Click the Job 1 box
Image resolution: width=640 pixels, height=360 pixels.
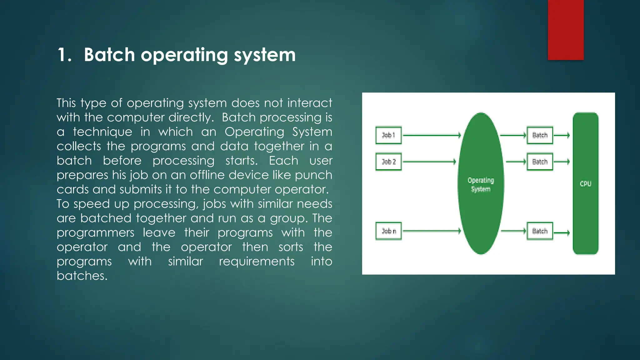388,135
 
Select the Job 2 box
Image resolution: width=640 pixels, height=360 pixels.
388,162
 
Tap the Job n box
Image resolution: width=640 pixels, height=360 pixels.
388,231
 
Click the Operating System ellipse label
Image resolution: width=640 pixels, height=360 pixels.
481,185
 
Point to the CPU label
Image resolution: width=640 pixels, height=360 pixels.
585,184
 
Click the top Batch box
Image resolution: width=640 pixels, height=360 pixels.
540,135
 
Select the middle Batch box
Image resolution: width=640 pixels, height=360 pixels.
540,162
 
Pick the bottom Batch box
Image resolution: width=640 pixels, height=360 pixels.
540,231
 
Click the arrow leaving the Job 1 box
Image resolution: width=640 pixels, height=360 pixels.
432,135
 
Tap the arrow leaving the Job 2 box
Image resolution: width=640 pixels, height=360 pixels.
429,162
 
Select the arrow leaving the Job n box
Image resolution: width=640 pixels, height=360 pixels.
432,231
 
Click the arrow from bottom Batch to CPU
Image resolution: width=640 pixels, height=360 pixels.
562,233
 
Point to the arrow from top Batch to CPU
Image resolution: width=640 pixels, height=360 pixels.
562,135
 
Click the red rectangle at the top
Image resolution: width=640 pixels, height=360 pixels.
566,30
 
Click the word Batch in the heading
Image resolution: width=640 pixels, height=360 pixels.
109,55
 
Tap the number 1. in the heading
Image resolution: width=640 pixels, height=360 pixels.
65,55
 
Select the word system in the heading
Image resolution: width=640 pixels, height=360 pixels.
265,55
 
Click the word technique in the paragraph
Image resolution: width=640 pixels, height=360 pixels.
102,132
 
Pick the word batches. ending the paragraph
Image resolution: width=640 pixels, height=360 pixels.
82,276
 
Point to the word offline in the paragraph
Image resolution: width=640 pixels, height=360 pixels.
207,175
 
